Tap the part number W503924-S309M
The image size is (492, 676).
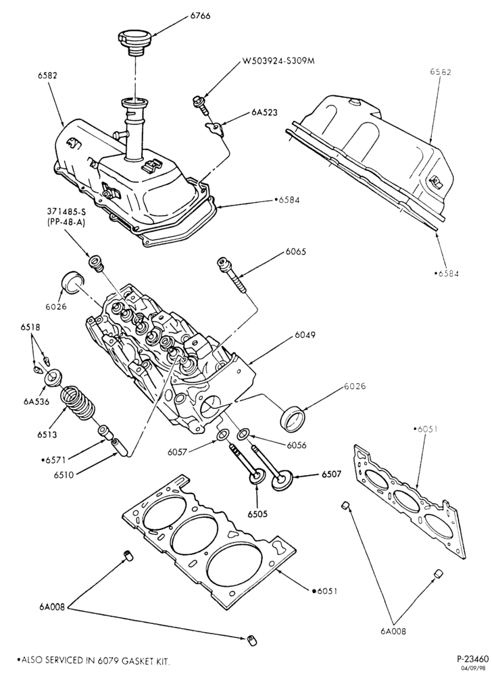pyautogui.click(x=278, y=61)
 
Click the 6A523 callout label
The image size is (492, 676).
pyautogui.click(x=264, y=113)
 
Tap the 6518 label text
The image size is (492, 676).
pyautogui.click(x=30, y=327)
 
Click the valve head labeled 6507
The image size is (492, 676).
pyautogui.click(x=282, y=481)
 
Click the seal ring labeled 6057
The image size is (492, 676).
pyautogui.click(x=223, y=435)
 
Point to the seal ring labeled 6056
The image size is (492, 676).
pyautogui.click(x=243, y=432)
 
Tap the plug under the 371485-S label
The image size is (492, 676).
pyautogui.click(x=96, y=263)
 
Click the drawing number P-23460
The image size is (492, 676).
pyautogui.click(x=472, y=658)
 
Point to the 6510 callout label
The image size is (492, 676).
pyautogui.click(x=64, y=475)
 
